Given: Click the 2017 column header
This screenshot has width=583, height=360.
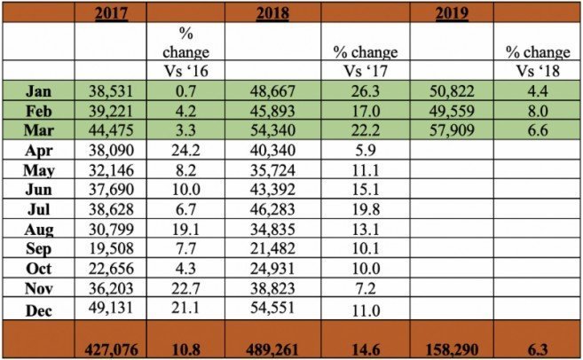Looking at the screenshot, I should tap(112, 12).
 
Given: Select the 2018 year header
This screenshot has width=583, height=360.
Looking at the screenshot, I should tap(272, 12).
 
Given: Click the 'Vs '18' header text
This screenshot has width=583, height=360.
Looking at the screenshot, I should tap(538, 72).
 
